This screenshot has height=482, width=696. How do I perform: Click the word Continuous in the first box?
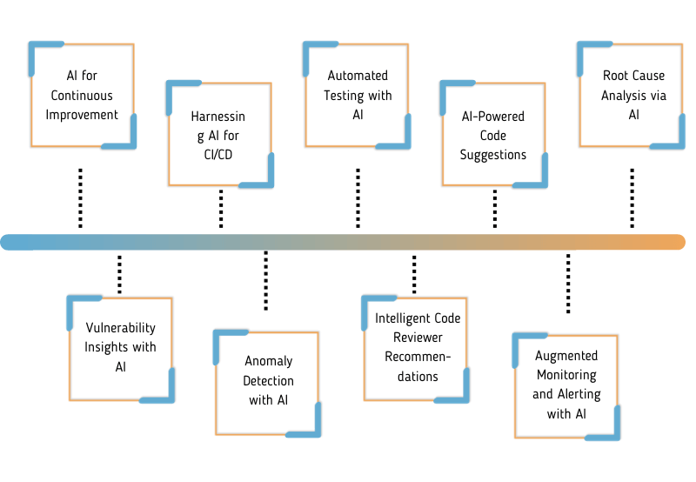[82, 95]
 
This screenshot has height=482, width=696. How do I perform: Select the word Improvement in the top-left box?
[82, 114]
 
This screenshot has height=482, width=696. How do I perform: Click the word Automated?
[358, 77]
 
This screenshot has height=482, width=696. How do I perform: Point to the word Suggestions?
[493, 154]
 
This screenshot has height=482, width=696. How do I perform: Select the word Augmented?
[566, 356]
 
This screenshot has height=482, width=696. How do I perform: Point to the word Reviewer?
[418, 338]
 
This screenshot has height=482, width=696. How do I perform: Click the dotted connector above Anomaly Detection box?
[265, 280]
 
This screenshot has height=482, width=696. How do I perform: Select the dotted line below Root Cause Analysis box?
[632, 197]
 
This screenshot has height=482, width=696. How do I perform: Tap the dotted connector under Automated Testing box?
[358, 197]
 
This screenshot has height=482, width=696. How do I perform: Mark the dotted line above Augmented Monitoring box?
[568, 284]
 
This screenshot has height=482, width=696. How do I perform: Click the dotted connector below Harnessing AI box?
[221, 209]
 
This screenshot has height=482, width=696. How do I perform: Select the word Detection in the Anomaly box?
[268, 380]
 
